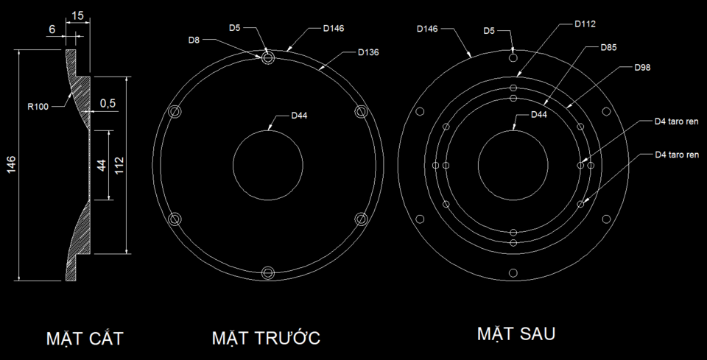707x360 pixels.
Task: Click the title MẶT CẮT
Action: tap(85, 338)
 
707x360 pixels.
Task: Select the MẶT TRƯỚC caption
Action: tap(266, 337)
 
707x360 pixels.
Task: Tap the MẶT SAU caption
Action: tap(516, 333)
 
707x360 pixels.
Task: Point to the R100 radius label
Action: tap(38, 107)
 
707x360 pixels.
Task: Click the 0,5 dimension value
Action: tap(108, 103)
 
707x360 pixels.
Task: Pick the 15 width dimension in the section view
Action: tap(77, 15)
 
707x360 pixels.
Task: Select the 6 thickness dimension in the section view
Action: tap(52, 29)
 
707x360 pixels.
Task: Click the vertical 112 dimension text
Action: tap(119, 166)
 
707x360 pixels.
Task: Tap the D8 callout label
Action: tap(194, 40)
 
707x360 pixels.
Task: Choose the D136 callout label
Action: tap(368, 52)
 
